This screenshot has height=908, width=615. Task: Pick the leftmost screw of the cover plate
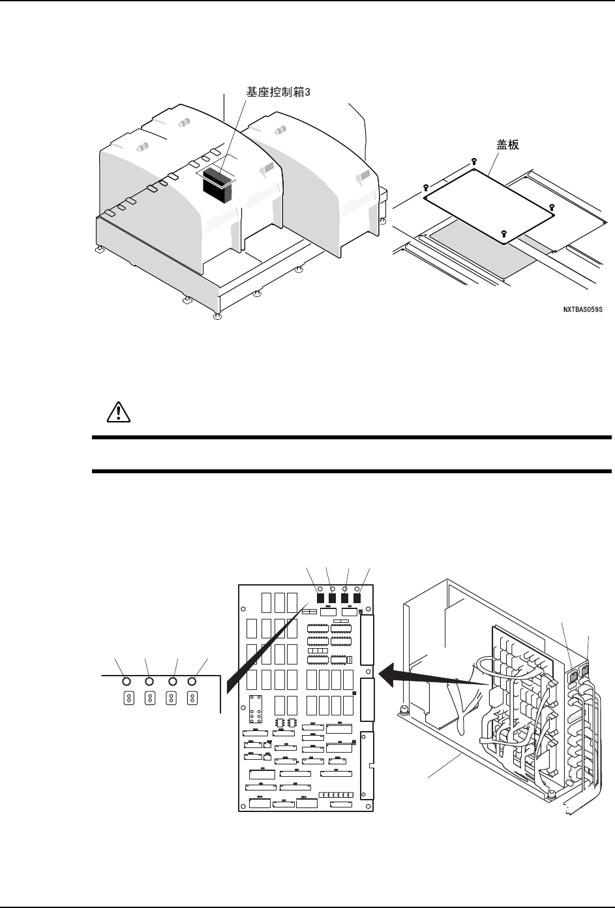(425, 187)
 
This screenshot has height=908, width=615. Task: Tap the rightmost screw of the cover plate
(552, 207)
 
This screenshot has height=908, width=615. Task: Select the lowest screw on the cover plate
(503, 233)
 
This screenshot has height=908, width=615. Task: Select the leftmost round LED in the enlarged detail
(128, 681)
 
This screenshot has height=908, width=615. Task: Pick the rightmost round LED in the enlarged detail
(192, 681)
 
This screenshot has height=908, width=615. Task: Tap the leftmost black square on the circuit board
(320, 597)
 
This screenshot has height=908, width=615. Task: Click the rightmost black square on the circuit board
(357, 597)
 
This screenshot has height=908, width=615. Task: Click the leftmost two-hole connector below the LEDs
(129, 698)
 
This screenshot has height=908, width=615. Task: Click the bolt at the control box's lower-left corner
(404, 708)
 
